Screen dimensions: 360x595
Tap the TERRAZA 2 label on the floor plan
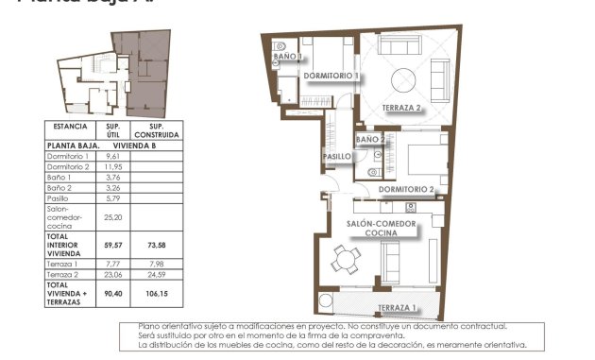click(x=402, y=108)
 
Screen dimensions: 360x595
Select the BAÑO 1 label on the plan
click(x=288, y=57)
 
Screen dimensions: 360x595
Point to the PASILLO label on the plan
click(x=337, y=157)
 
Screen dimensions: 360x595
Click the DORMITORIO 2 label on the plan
click(x=405, y=189)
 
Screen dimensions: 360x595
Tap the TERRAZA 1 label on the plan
click(x=398, y=308)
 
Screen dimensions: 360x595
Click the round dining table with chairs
click(x=347, y=257)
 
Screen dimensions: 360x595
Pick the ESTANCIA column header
click(x=71, y=126)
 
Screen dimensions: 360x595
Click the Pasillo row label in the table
click(x=59, y=198)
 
